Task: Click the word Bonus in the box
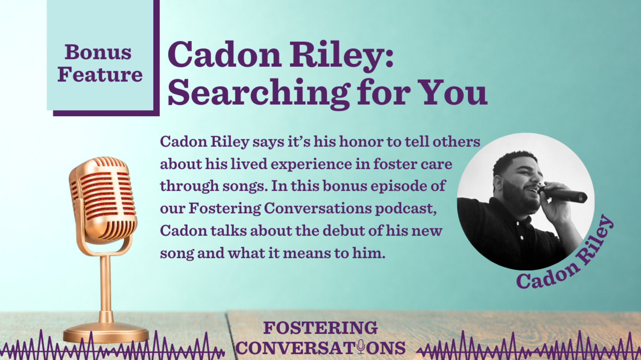[98, 52]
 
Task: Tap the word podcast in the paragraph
[405, 209]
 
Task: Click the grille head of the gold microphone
[102, 197]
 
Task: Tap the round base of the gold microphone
[106, 332]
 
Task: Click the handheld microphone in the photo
[562, 194]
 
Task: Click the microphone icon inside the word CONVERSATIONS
[361, 347]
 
